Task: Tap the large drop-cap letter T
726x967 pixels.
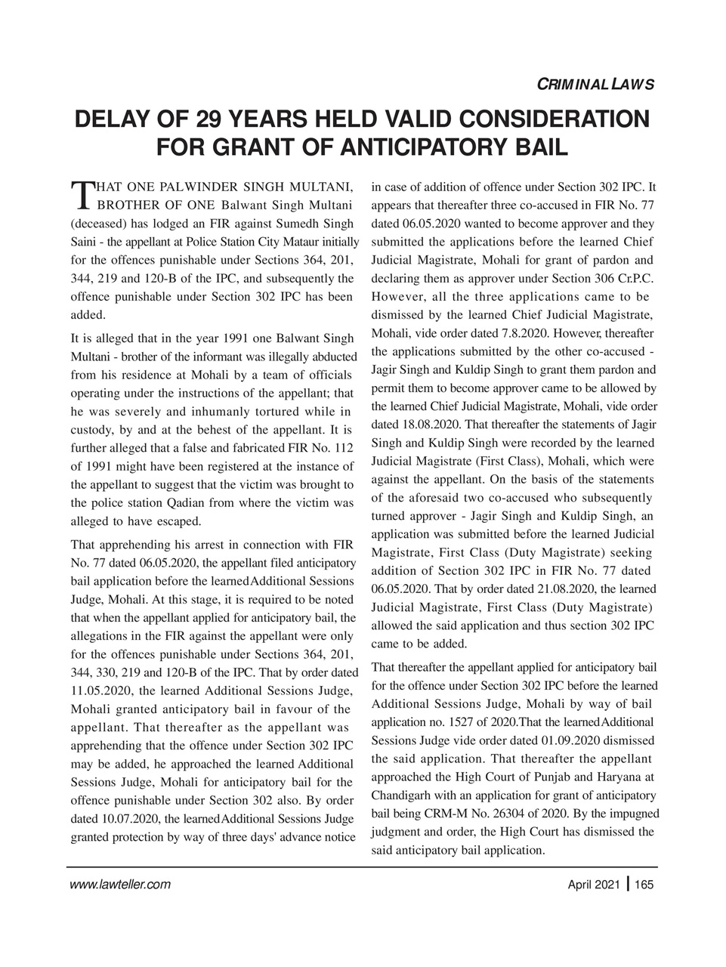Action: point(79,195)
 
